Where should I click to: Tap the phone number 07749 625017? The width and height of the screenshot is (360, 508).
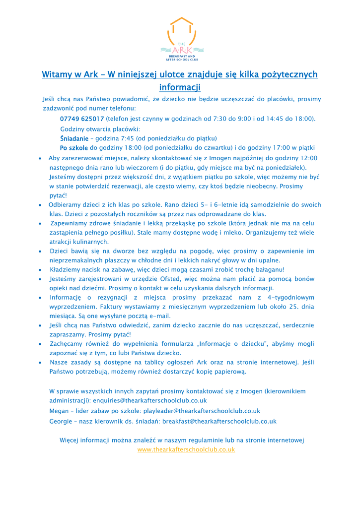(x=82, y=119)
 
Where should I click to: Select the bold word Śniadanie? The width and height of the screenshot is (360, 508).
(x=74, y=138)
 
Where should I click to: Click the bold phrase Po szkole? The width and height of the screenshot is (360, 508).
(x=74, y=148)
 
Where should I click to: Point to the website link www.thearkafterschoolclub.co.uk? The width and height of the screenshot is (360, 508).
(x=186, y=449)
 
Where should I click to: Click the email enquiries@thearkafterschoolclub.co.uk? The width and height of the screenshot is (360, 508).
(x=149, y=400)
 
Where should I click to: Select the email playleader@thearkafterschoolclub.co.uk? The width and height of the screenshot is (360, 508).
(x=201, y=411)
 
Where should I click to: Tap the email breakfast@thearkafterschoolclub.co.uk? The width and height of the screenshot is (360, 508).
(x=219, y=421)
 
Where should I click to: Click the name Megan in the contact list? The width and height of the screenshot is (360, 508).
(x=59, y=411)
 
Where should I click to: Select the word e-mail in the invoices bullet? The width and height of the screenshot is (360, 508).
(x=158, y=316)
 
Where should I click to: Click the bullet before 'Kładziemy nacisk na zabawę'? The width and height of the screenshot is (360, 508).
(x=40, y=270)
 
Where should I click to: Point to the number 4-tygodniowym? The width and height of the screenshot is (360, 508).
(x=288, y=298)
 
